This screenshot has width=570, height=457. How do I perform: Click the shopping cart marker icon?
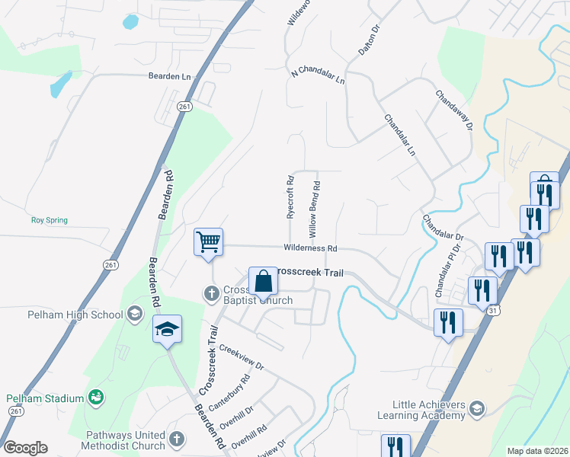point(208,243)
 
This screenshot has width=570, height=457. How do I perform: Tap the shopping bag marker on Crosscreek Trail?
point(263,280)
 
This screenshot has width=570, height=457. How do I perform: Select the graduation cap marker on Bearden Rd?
point(167,329)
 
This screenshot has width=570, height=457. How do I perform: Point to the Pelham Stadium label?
point(44,398)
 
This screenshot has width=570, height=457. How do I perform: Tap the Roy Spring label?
point(49,220)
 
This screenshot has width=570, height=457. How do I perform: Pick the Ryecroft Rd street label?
point(290,199)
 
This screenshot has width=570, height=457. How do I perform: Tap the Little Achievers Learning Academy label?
point(428,410)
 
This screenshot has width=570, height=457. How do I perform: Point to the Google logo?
point(25,448)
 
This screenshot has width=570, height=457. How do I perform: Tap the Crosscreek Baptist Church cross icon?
point(212,293)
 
